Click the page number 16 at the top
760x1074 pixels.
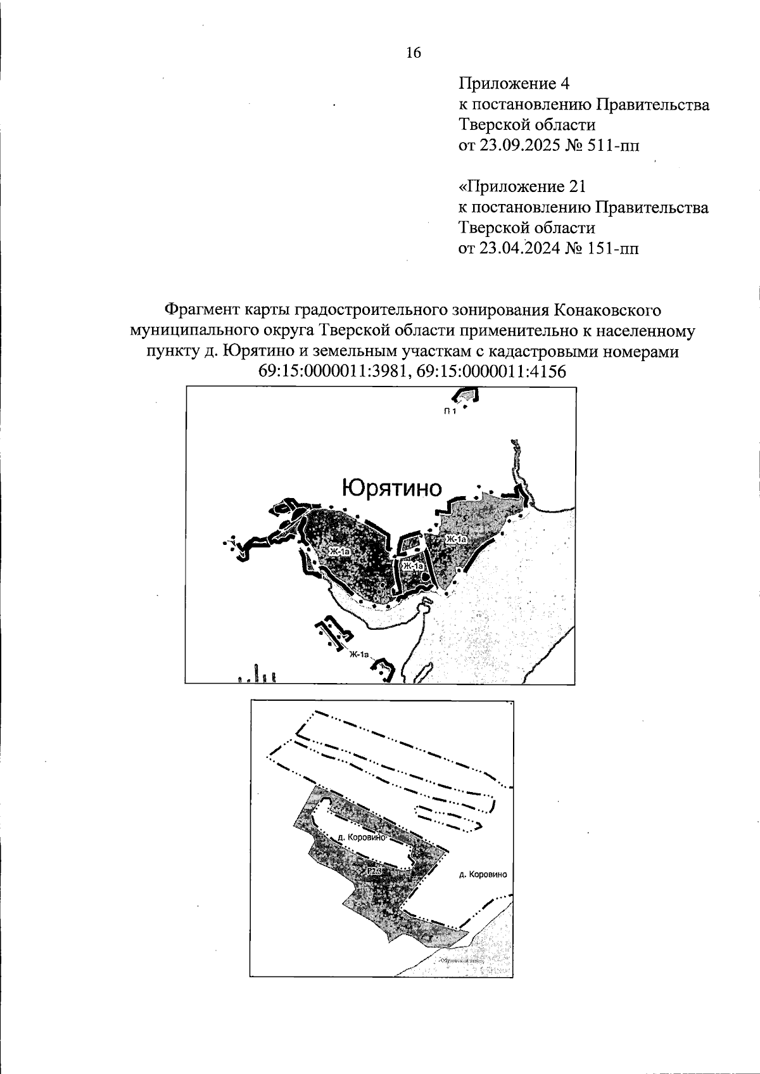tap(413, 53)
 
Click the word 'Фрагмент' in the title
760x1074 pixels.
tap(203, 310)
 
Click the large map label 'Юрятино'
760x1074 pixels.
tap(391, 489)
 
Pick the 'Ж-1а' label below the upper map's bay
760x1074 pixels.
tap(358, 655)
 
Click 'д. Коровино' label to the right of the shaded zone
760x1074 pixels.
tap(483, 874)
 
